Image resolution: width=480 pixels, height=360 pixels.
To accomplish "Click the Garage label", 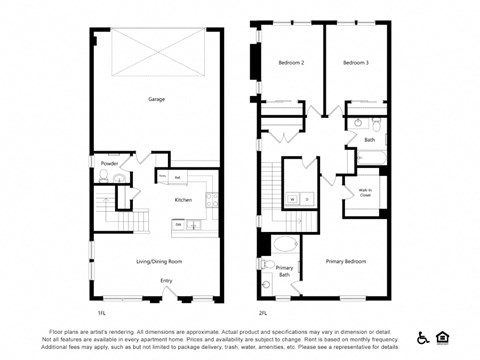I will (x=157, y=99).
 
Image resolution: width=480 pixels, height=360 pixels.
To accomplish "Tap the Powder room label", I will (x=109, y=163).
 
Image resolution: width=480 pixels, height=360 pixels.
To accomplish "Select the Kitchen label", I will (x=183, y=200).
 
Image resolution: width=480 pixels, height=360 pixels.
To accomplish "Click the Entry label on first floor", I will (x=166, y=280).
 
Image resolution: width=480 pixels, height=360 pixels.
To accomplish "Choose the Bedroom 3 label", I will (x=355, y=63).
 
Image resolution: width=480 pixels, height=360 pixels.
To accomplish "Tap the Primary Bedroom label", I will (x=347, y=261).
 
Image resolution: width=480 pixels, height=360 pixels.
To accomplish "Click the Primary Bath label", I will (x=284, y=270).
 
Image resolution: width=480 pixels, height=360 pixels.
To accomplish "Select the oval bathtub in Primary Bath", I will (x=286, y=245).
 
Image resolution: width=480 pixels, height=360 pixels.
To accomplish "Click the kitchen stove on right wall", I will (x=212, y=199).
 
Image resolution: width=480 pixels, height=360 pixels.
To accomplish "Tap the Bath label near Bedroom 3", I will (x=370, y=140).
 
